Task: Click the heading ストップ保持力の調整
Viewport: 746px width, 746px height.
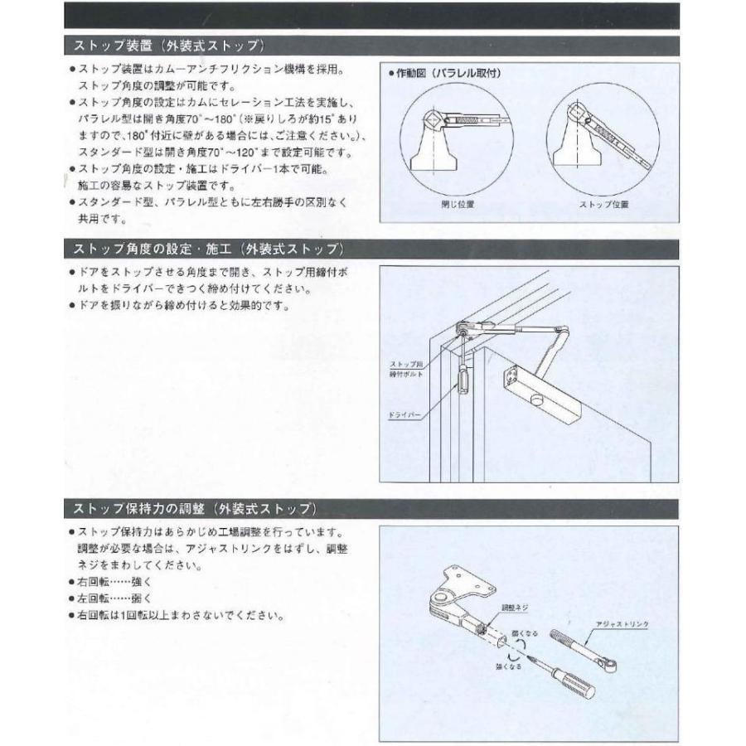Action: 191,506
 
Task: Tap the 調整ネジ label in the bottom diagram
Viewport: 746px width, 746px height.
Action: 514,608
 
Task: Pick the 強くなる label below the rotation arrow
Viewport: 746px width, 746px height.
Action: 508,666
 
